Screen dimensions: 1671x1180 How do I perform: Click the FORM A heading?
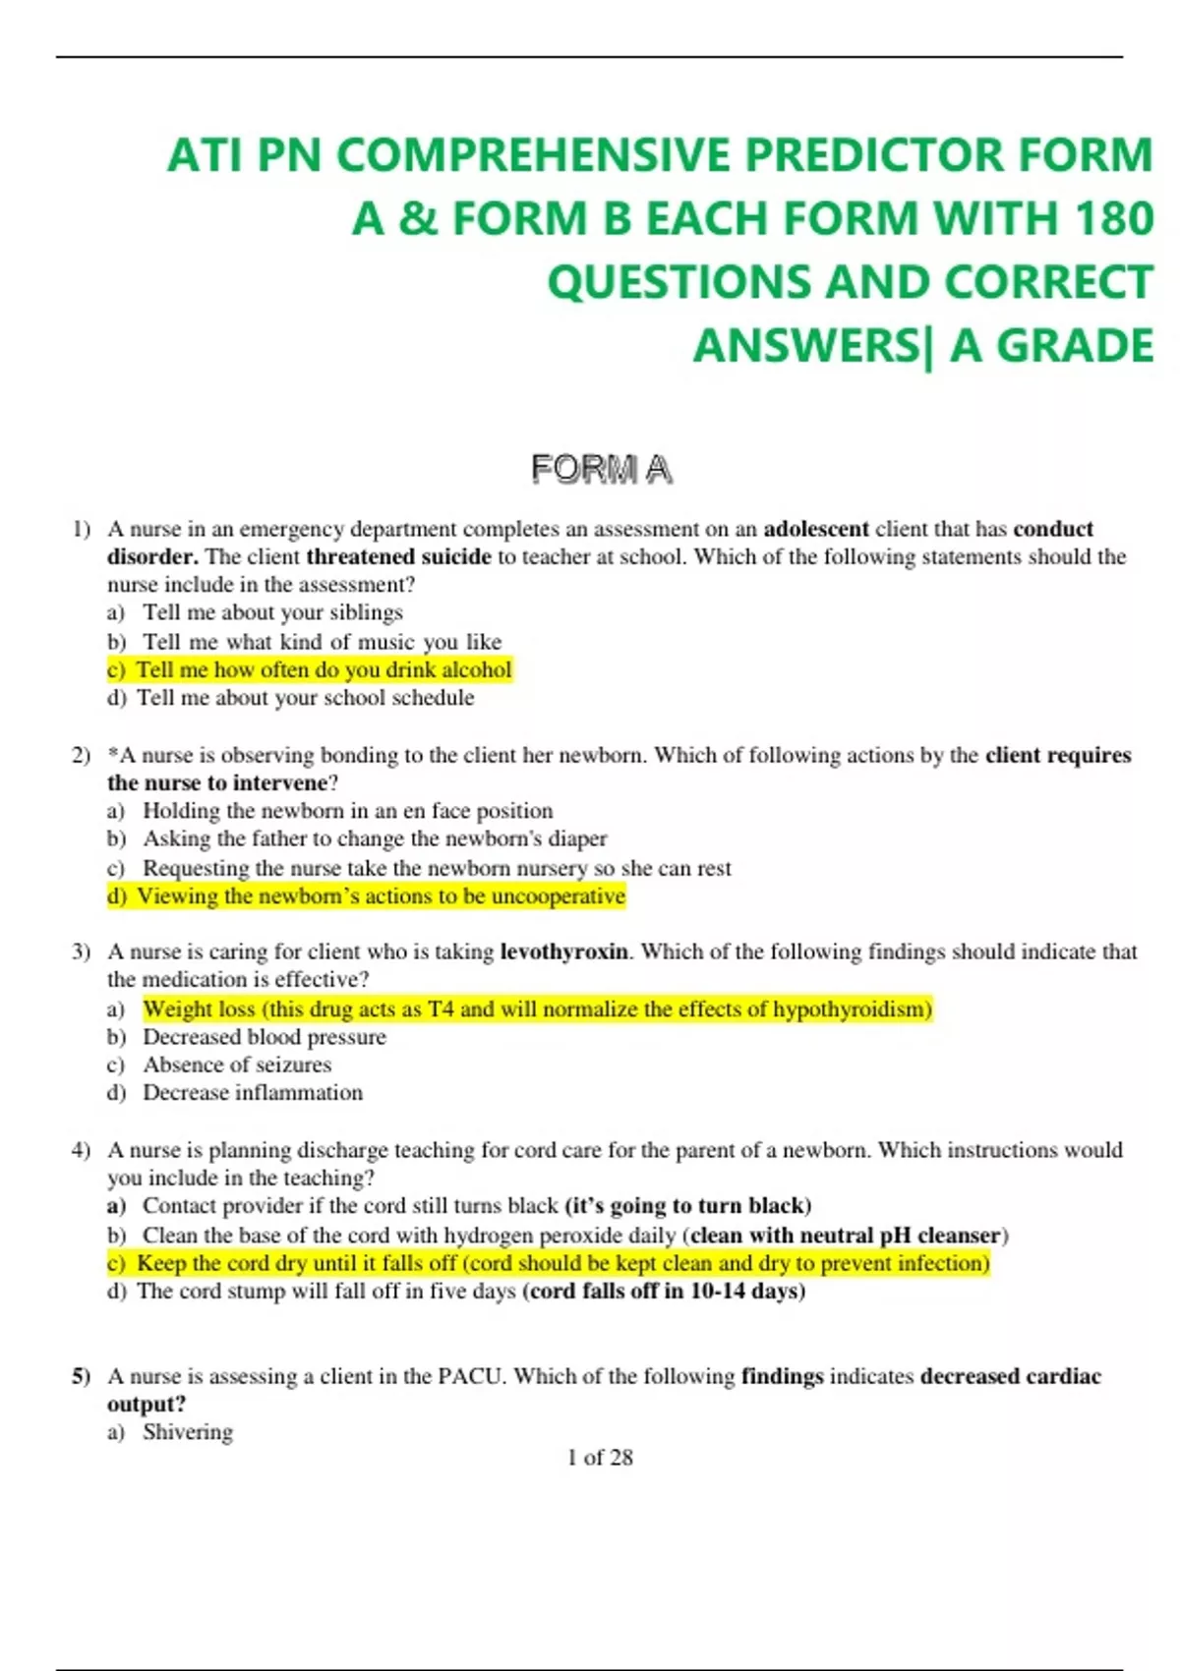(x=602, y=470)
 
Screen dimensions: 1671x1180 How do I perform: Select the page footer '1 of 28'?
(x=600, y=1458)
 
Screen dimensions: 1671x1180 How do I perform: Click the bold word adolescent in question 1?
(x=816, y=529)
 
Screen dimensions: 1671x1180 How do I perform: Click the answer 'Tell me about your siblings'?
(x=272, y=612)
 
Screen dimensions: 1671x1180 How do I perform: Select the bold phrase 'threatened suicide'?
(x=398, y=556)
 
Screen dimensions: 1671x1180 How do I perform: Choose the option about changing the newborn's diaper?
(x=375, y=838)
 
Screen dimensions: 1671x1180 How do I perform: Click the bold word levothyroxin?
(x=563, y=951)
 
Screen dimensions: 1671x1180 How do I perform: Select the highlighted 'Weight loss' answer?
(x=537, y=1008)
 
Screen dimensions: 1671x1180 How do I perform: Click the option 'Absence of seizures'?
(x=237, y=1065)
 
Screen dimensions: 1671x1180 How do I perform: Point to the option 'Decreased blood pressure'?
(x=265, y=1037)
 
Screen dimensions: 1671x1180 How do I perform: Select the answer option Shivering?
(x=188, y=1432)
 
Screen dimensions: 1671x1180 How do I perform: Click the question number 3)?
(x=81, y=951)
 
